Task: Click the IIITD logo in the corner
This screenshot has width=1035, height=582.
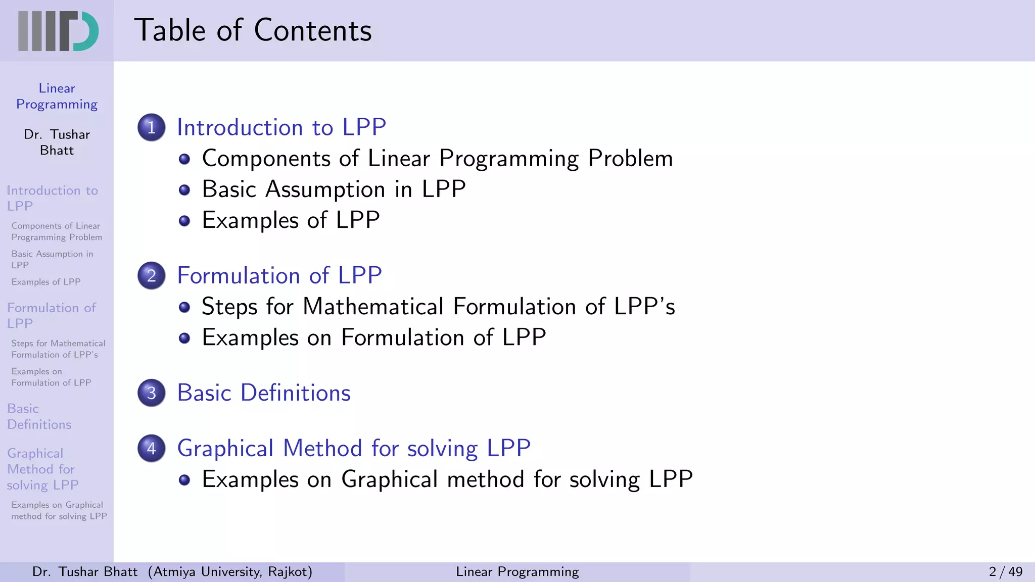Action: [58, 31]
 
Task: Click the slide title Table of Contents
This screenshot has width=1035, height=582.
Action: [253, 30]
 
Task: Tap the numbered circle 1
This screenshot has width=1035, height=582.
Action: [151, 127]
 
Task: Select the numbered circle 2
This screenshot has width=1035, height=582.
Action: [151, 275]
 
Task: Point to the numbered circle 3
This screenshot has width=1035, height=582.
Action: [151, 393]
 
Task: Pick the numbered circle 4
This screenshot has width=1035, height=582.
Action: [151, 448]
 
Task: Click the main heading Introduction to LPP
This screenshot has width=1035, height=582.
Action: [281, 127]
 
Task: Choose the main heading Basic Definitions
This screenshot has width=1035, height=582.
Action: [264, 393]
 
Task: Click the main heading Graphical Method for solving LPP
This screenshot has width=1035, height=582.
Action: [354, 448]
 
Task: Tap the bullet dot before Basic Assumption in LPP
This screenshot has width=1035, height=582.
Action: [184, 190]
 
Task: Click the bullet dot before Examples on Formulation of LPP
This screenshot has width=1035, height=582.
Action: [184, 338]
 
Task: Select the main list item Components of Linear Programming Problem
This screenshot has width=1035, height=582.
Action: [437, 159]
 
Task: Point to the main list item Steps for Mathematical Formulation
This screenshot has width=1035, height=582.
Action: [438, 307]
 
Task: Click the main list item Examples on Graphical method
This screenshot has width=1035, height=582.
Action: [447, 479]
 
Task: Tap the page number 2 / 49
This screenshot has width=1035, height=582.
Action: [1005, 572]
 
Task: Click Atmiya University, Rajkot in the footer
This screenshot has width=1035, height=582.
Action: [230, 572]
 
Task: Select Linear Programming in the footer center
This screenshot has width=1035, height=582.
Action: [517, 572]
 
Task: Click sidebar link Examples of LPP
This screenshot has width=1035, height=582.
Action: [46, 282]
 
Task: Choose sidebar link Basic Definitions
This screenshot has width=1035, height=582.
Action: [39, 416]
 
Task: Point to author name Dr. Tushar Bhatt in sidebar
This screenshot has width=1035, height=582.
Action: [57, 142]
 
